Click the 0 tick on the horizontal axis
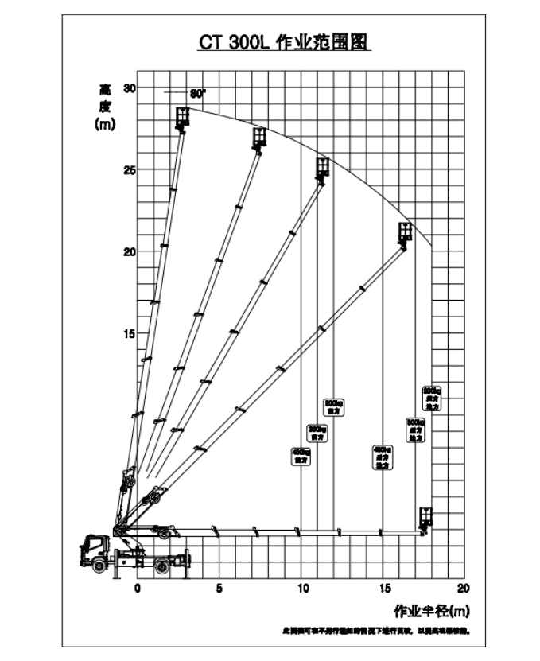click(x=137, y=589)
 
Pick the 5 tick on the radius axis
click(x=219, y=589)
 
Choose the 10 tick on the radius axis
click(x=301, y=589)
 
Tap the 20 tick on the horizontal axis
click(x=464, y=589)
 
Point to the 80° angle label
click(x=197, y=93)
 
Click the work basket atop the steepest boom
click(x=184, y=118)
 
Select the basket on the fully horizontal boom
click(x=426, y=517)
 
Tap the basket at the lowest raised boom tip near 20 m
click(x=406, y=232)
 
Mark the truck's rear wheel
click(x=162, y=565)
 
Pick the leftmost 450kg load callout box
click(x=301, y=456)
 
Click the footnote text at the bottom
click(x=375, y=632)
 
